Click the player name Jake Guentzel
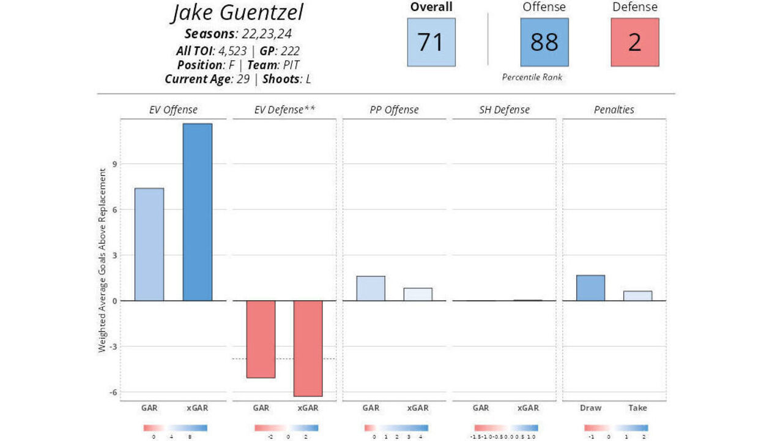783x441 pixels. (x=237, y=13)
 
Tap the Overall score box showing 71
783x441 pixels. (x=431, y=42)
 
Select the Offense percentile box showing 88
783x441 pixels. (x=544, y=42)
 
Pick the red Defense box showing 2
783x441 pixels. (x=635, y=42)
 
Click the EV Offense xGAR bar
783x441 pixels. (x=198, y=212)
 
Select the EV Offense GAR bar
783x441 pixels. (x=149, y=244)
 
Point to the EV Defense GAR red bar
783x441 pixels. (x=261, y=339)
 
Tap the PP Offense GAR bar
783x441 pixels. (x=371, y=288)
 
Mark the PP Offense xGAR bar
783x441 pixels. (x=418, y=295)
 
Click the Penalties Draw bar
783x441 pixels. (x=591, y=288)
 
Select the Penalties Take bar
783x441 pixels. (x=637, y=296)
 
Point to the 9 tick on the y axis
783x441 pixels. (x=114, y=164)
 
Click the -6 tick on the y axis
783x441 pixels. (x=113, y=392)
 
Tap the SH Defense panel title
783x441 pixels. (x=505, y=110)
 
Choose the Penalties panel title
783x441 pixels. (x=614, y=110)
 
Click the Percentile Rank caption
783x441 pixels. (x=532, y=77)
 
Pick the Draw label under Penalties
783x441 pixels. (x=591, y=408)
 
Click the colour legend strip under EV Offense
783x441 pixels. (x=176, y=428)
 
